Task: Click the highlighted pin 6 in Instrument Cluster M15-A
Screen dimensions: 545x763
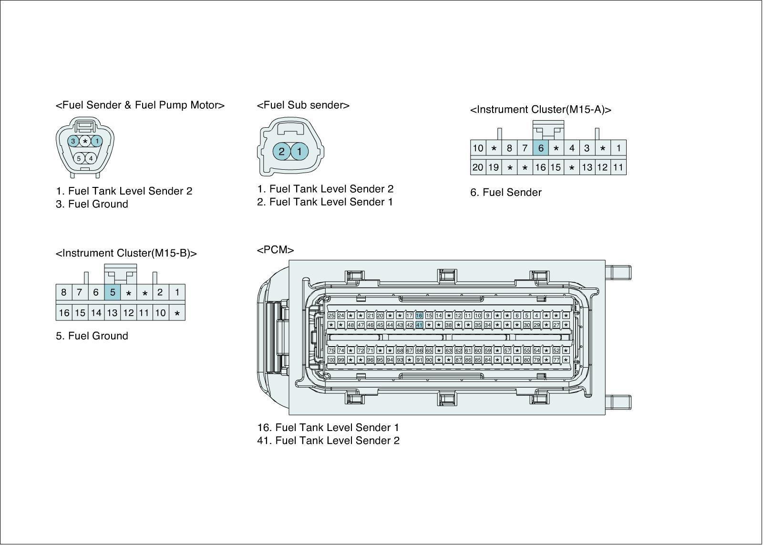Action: pyautogui.click(x=540, y=148)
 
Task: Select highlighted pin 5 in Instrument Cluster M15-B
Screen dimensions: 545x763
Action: pyautogui.click(x=112, y=292)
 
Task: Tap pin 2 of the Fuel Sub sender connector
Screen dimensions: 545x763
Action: pyautogui.click(x=282, y=152)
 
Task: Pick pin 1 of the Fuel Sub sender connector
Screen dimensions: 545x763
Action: pyautogui.click(x=299, y=152)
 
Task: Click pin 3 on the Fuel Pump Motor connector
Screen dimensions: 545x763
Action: pyautogui.click(x=73, y=141)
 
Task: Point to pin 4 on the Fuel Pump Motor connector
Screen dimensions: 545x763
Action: pyautogui.click(x=91, y=158)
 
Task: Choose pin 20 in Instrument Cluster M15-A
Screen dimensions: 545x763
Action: pyautogui.click(x=477, y=167)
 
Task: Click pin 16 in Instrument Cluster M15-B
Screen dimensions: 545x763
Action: pyautogui.click(x=64, y=313)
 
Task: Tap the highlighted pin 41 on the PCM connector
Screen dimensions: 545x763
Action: pyautogui.click(x=419, y=325)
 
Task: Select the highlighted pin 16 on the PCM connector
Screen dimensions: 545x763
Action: pyautogui.click(x=419, y=315)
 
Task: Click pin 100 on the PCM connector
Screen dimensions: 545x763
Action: pyautogui.click(x=331, y=360)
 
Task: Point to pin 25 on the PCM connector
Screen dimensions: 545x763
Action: pyautogui.click(x=331, y=315)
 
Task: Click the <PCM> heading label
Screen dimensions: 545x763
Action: pyautogui.click(x=275, y=250)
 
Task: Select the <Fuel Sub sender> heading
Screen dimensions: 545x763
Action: pyautogui.click(x=303, y=105)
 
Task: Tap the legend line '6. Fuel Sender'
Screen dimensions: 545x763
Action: pyautogui.click(x=505, y=193)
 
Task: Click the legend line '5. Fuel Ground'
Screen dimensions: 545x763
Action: pyautogui.click(x=92, y=336)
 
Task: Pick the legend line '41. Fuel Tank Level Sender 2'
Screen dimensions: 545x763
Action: pyautogui.click(x=328, y=441)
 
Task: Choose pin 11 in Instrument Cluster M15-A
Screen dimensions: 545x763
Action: pyautogui.click(x=618, y=167)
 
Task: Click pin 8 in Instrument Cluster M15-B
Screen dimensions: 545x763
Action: pyautogui.click(x=64, y=292)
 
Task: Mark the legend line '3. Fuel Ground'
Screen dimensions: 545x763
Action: pyautogui.click(x=92, y=204)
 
